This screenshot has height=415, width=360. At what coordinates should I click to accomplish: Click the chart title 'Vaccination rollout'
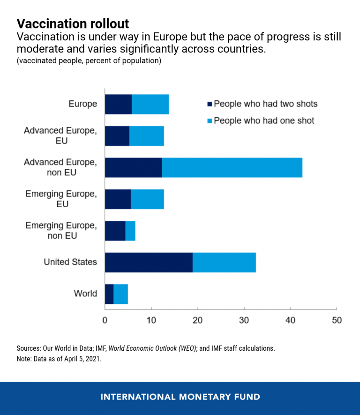tap(73, 23)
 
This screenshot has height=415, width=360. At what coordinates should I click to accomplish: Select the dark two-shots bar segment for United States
tap(149, 263)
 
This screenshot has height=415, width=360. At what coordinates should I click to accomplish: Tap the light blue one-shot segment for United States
tap(224, 263)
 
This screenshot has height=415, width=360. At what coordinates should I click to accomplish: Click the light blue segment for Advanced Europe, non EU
tap(232, 168)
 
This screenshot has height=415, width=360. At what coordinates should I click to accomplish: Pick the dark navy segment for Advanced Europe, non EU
tap(133, 168)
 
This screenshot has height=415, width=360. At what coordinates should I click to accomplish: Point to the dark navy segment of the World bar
tap(109, 294)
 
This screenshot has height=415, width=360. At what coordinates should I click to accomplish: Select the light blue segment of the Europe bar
tap(150, 104)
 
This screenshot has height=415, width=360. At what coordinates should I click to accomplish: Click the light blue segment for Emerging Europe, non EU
tap(130, 231)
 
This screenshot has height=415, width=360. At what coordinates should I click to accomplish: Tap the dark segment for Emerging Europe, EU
tap(118, 199)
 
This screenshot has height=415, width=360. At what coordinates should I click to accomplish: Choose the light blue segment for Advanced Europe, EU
tap(146, 136)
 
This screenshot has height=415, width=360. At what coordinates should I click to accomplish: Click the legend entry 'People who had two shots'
tap(265, 104)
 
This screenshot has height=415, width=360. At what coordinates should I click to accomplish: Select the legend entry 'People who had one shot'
tap(264, 121)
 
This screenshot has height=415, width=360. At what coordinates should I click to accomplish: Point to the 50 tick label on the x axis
tap(337, 321)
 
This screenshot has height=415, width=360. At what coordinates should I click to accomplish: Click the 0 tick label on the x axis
tap(105, 321)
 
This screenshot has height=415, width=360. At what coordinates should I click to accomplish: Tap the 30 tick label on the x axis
tap(244, 321)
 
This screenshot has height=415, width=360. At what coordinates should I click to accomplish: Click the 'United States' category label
tap(70, 262)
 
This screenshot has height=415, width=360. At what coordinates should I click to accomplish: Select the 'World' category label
tap(85, 294)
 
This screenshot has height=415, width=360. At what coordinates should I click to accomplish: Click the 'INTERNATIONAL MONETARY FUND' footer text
tap(180, 397)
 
